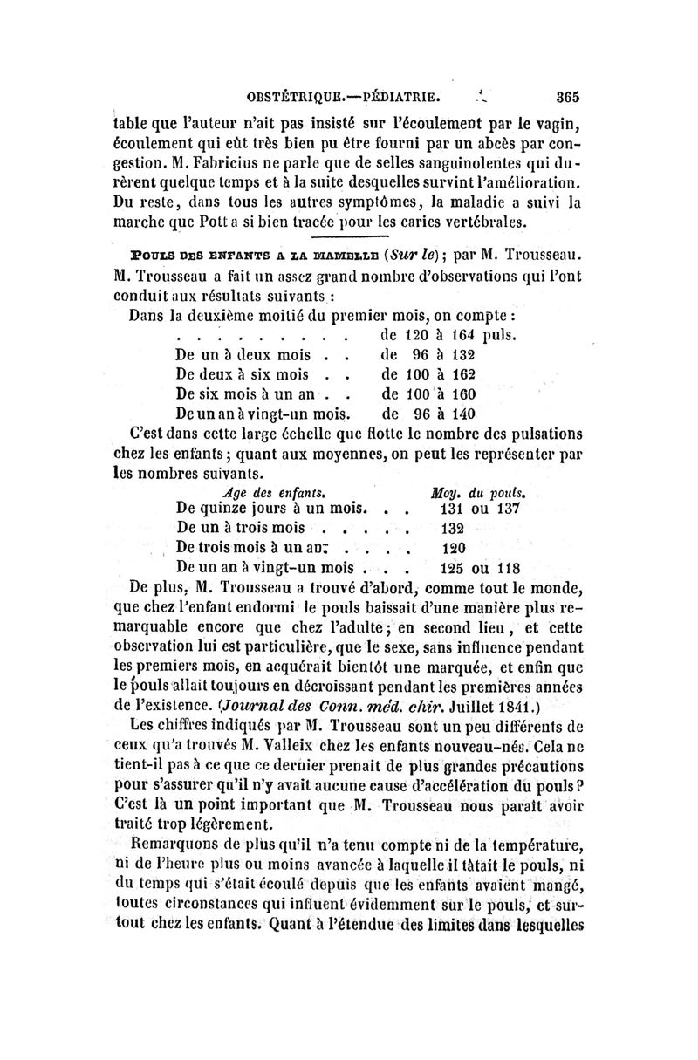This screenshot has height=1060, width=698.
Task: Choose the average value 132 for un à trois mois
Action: (452, 528)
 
